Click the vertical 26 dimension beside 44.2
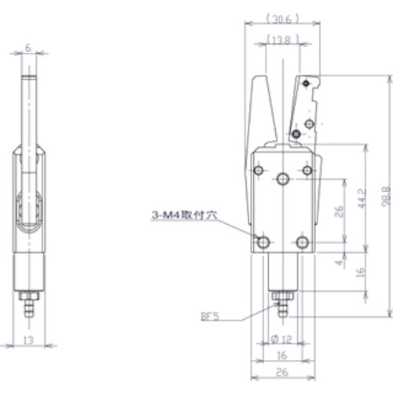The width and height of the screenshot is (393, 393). (x=340, y=211)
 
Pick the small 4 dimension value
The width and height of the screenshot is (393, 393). (x=339, y=263)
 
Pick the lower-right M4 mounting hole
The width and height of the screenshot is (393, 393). (x=303, y=241)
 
